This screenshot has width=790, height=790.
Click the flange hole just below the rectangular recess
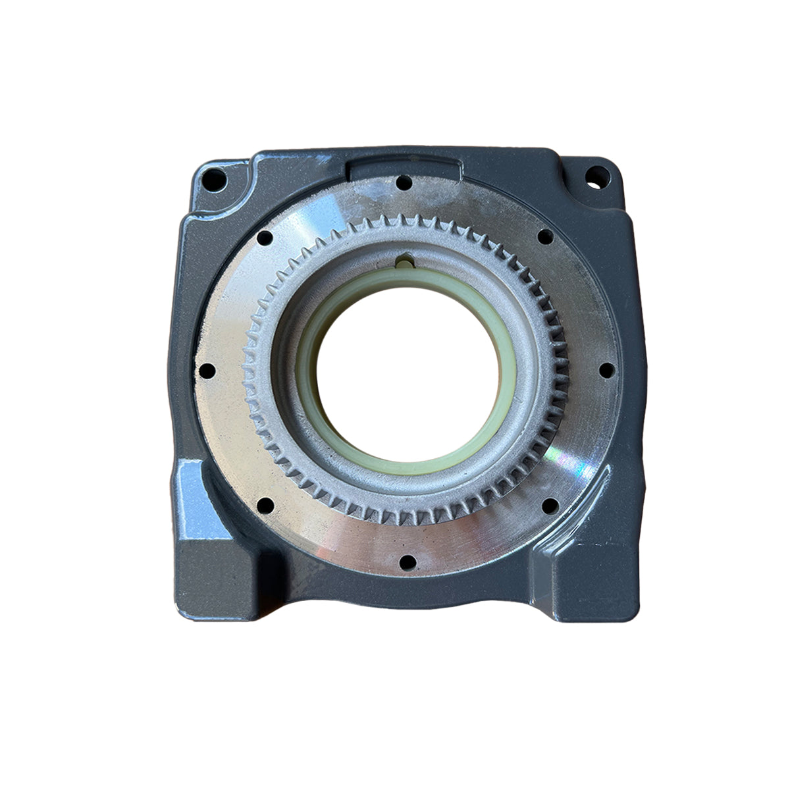[404, 181]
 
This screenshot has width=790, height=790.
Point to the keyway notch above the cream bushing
[403, 263]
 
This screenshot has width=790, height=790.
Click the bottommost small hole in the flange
[409, 562]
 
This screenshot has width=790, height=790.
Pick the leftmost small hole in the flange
[205, 371]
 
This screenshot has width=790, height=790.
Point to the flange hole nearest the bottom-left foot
[265, 506]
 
